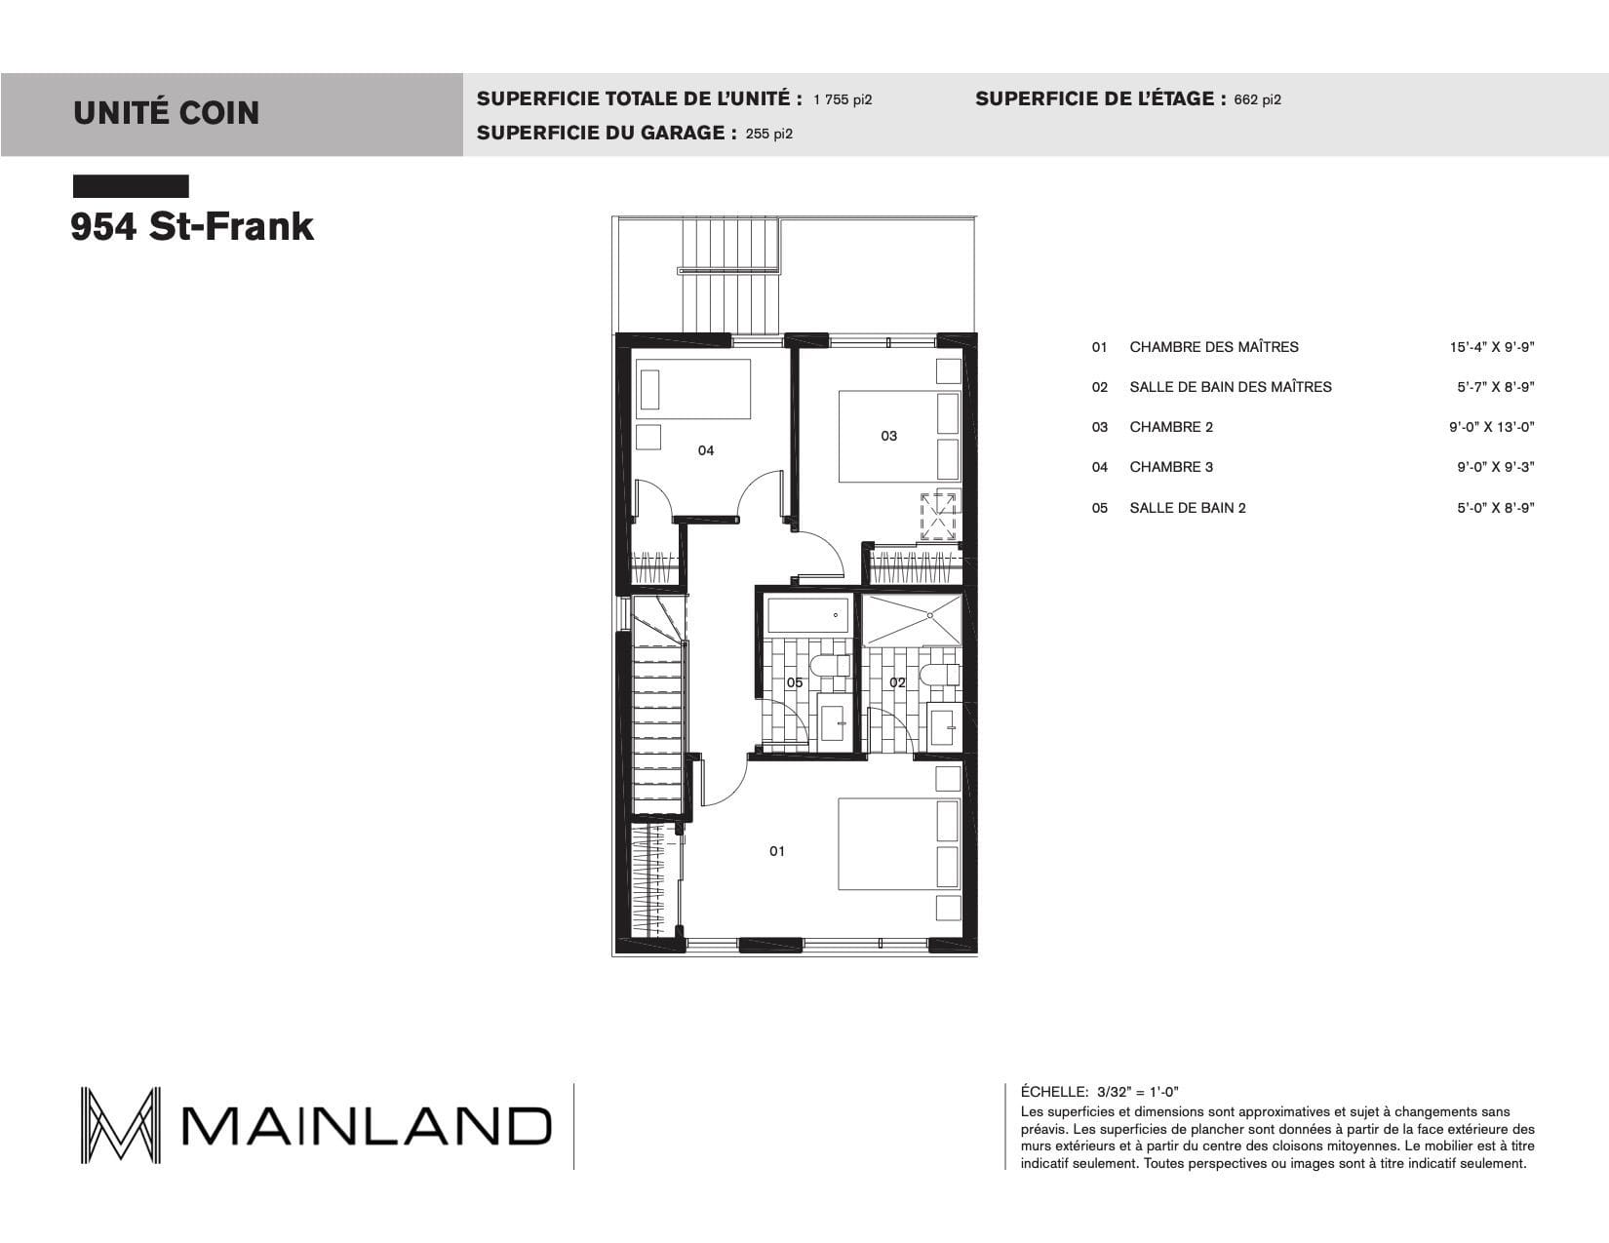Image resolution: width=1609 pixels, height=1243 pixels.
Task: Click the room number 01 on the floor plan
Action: [777, 851]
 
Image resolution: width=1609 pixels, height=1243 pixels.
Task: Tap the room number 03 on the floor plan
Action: [888, 436]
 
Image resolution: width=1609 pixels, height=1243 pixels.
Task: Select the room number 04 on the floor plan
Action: [706, 450]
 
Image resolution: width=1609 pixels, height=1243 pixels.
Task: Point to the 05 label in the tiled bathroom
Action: [795, 682]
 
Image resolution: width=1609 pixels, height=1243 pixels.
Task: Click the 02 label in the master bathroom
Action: [897, 682]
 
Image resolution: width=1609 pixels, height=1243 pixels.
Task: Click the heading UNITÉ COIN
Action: [167, 113]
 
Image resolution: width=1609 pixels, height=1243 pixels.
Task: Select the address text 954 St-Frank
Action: [192, 226]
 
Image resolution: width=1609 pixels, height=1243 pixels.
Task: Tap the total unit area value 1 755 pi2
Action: [843, 100]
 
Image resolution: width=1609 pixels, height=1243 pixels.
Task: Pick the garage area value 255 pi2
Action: [769, 134]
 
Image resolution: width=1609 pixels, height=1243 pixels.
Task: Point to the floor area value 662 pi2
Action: [1257, 100]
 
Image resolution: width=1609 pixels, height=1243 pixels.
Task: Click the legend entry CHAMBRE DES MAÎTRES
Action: [1214, 347]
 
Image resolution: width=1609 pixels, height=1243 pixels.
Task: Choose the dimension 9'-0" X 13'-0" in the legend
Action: [1492, 427]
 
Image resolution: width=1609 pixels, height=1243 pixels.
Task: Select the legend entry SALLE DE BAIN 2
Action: [1188, 508]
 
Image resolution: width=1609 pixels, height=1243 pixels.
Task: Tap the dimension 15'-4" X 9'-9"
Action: [1492, 347]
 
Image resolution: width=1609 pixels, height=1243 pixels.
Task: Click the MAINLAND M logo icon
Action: [120, 1124]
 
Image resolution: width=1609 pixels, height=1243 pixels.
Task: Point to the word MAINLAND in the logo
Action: [367, 1126]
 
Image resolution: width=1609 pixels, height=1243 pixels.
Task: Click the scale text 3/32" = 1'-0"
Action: [1138, 1092]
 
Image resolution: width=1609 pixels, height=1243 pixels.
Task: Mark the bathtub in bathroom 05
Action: [807, 615]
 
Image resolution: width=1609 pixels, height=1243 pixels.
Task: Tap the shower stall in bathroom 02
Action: [912, 620]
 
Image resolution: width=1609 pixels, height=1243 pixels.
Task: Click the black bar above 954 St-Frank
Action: [131, 186]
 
